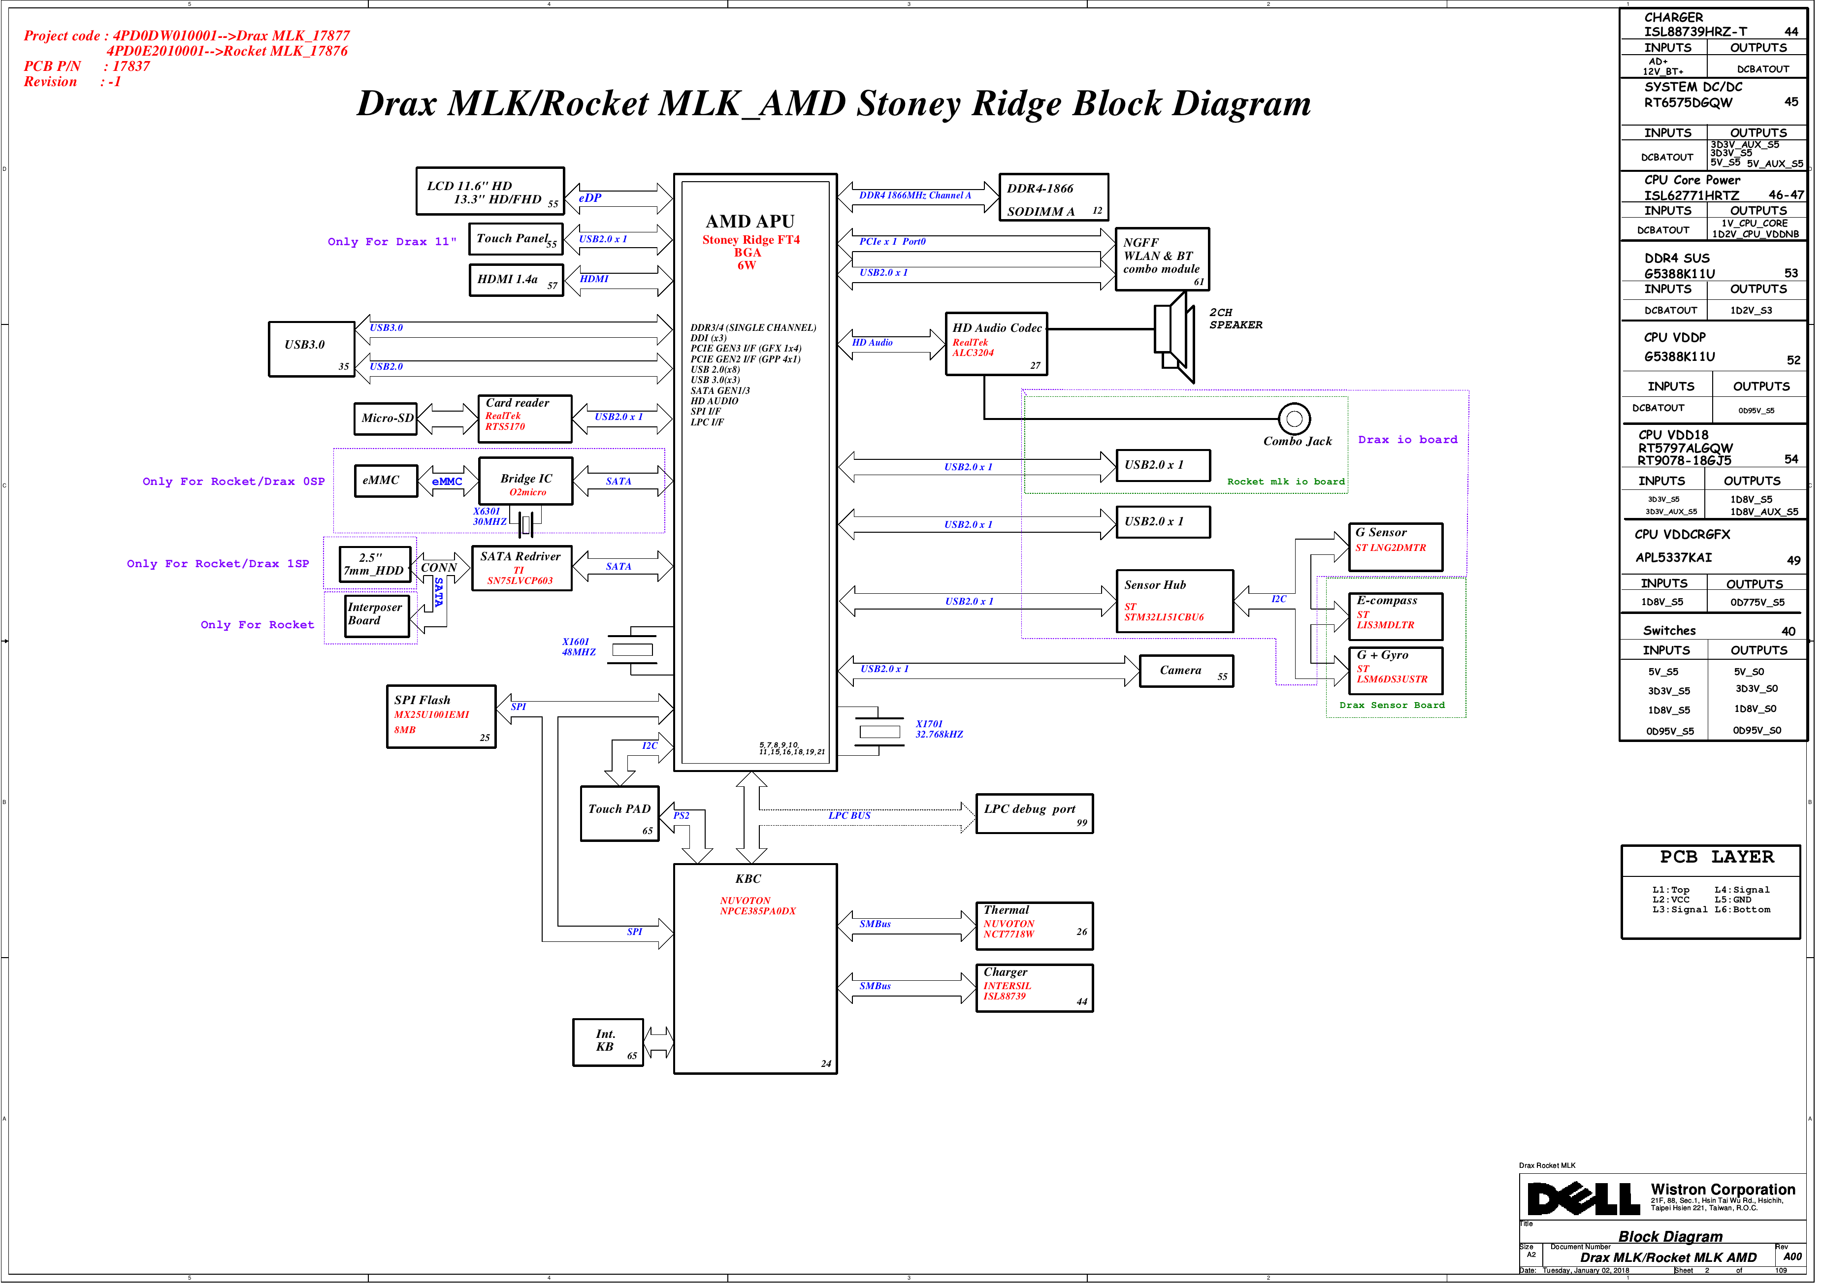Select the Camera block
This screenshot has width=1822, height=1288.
click(1186, 672)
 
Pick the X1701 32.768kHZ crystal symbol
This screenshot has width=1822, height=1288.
click(879, 731)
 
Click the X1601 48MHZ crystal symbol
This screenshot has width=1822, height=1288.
click(632, 649)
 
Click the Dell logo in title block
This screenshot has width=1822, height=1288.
click(1583, 1199)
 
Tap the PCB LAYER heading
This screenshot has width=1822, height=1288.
click(1717, 857)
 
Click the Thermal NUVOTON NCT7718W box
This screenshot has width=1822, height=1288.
click(1035, 926)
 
